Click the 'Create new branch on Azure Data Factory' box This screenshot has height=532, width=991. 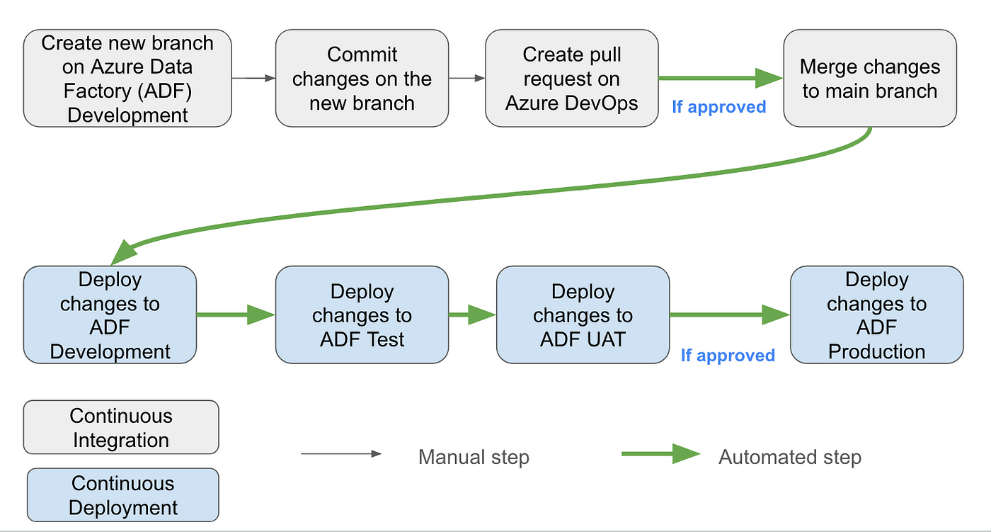point(127,79)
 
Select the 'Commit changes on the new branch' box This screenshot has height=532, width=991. point(362,79)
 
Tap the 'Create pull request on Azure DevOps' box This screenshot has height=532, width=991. point(572,79)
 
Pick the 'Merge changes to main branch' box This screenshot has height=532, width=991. point(870,79)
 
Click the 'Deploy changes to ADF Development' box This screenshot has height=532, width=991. point(110,315)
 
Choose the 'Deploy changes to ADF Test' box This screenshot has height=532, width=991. point(362,315)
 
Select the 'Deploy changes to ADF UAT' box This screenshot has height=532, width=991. point(583,315)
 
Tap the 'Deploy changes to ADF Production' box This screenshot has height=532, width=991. point(876,315)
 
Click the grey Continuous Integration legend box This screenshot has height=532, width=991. point(121,427)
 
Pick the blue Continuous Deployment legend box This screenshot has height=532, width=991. point(123,495)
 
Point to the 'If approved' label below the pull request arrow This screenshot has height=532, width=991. point(719,107)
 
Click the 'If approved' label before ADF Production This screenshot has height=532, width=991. point(728,356)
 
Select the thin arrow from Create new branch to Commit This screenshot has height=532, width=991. point(253,79)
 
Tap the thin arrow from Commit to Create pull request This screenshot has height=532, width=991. point(466,79)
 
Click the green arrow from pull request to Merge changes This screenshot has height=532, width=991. point(721,79)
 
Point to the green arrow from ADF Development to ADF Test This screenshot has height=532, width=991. point(236,315)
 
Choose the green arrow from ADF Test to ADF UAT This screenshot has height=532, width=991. point(473,315)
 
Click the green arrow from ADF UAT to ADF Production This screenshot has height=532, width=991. point(730,315)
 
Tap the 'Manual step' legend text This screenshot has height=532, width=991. point(474,457)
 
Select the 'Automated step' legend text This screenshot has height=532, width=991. point(790,457)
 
